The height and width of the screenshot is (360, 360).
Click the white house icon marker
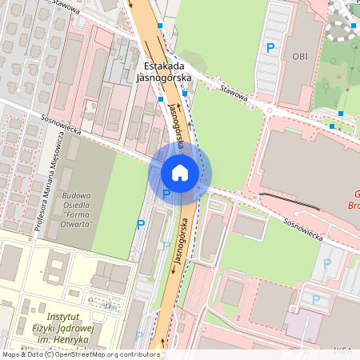tap(180, 172)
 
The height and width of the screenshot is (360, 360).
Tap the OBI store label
tap(300, 56)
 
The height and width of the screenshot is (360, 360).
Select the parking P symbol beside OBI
tap(270, 49)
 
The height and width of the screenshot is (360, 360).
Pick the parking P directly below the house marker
tap(166, 194)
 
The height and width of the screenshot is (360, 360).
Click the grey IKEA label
tap(343, 350)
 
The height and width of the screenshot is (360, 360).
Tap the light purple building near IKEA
tap(304, 324)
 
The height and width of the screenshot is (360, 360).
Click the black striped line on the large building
tap(289, 200)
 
